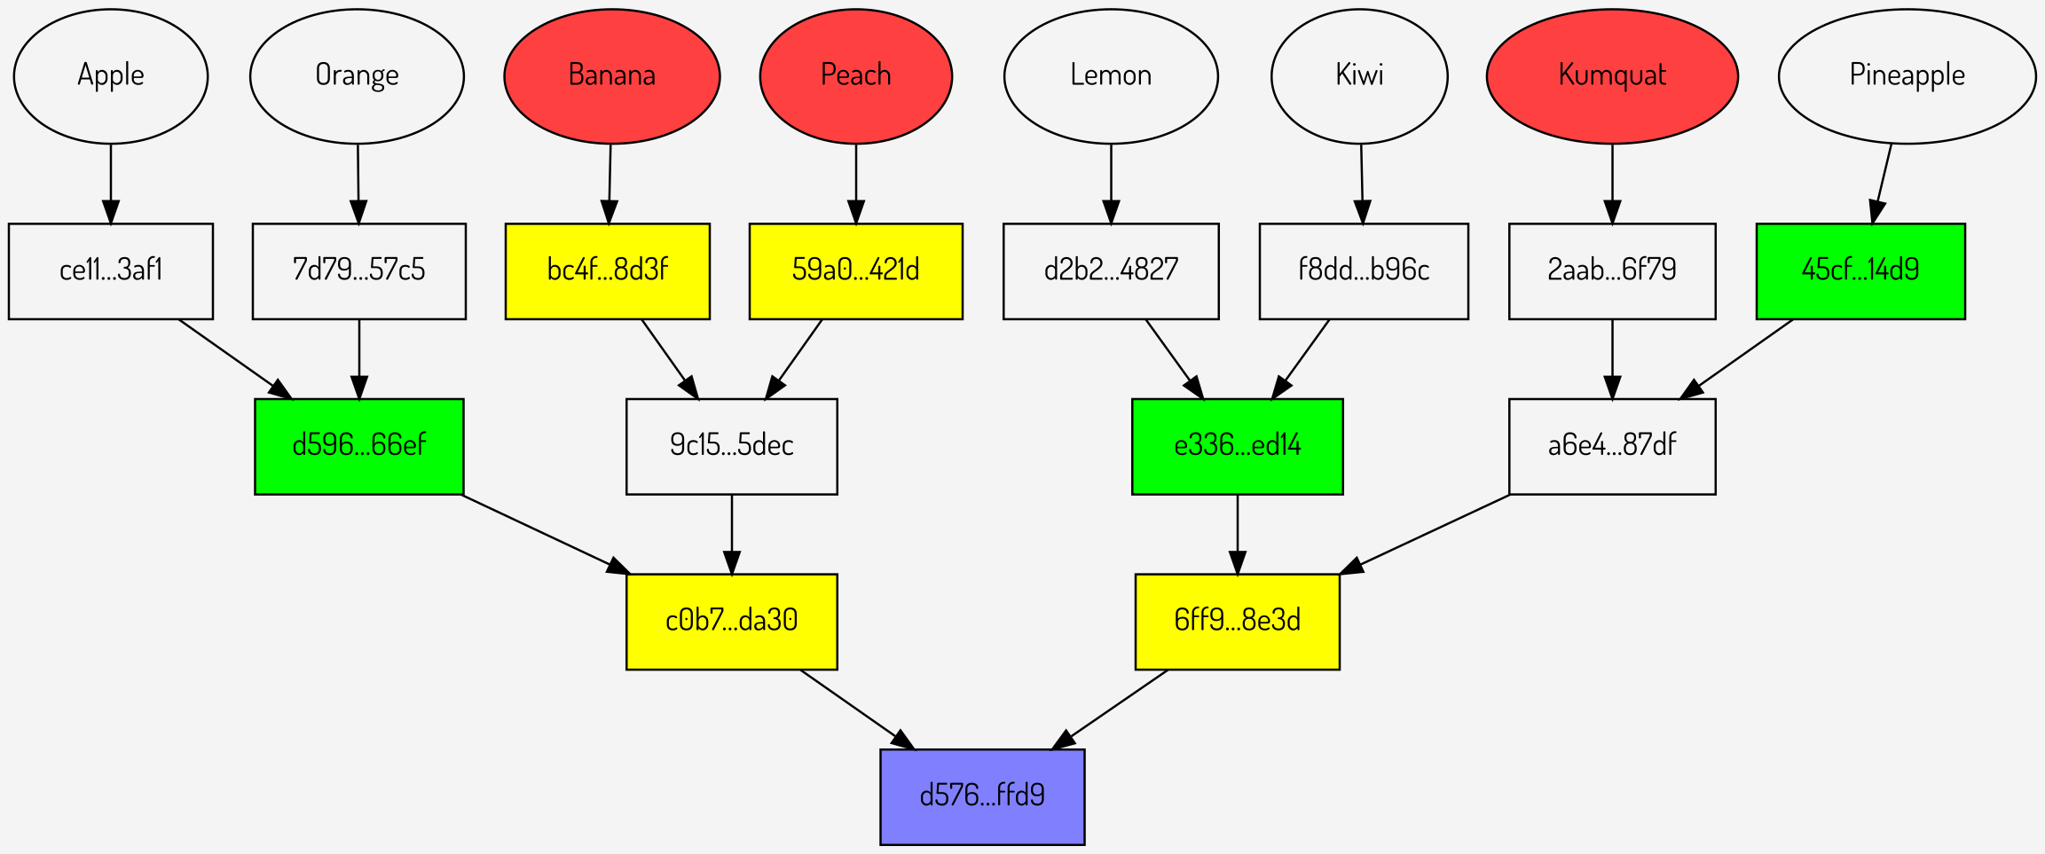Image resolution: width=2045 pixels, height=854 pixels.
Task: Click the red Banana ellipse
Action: click(x=611, y=76)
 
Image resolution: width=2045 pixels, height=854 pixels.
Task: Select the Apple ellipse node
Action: click(x=111, y=76)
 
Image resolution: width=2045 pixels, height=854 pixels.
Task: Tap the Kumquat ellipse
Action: click(x=1611, y=76)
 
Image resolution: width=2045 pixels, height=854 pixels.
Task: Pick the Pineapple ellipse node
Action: click(x=1907, y=76)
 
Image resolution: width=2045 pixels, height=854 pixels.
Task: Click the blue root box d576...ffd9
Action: click(x=982, y=796)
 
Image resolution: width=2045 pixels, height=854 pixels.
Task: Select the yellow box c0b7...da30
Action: click(x=731, y=621)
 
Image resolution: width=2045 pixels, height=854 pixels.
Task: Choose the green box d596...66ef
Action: click(x=358, y=446)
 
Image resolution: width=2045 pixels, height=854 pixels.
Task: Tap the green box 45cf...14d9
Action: click(x=1860, y=270)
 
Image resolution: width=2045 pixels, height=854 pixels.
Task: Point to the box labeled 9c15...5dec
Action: click(x=731, y=446)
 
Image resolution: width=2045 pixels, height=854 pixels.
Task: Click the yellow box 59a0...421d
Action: click(x=855, y=270)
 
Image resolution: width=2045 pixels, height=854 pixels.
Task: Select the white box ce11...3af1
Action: click(x=111, y=270)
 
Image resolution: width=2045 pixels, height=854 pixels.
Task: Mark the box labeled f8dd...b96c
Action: click(x=1363, y=270)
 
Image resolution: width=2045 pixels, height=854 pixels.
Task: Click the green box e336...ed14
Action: click(x=1237, y=446)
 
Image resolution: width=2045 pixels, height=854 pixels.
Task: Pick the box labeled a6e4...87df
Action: click(x=1611, y=446)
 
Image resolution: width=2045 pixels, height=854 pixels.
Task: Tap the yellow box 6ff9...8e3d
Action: click(x=1237, y=621)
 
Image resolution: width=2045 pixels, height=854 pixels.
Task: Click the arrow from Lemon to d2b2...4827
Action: click(x=1111, y=183)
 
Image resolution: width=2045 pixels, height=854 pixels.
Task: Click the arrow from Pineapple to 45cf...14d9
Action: click(x=1882, y=183)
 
